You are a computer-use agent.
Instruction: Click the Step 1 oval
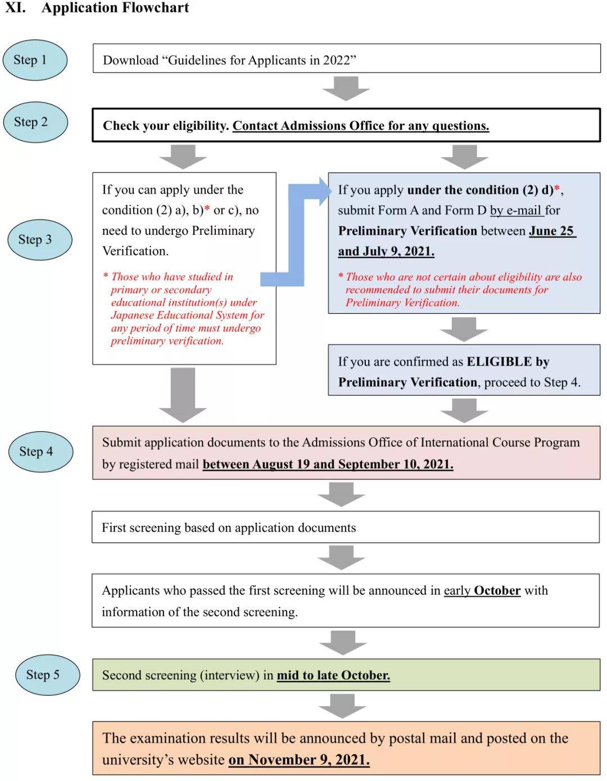(35, 60)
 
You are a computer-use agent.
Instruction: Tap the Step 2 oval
(35, 122)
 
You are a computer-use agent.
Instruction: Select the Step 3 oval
(40, 240)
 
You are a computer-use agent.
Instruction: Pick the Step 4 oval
(41, 451)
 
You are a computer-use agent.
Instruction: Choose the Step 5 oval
(48, 675)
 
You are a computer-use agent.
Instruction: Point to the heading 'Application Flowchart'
(115, 8)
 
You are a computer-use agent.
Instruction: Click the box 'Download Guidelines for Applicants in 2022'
(346, 59)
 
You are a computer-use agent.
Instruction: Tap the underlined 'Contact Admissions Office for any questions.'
(360, 126)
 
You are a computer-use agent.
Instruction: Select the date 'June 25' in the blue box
(552, 231)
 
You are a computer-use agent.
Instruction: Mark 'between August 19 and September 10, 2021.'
(328, 464)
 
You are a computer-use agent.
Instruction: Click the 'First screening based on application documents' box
(346, 527)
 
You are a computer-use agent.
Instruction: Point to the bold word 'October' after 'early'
(497, 591)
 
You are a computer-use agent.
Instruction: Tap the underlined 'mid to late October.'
(333, 675)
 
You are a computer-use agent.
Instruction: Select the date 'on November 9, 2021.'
(298, 760)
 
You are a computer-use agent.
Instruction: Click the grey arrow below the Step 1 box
(346, 88)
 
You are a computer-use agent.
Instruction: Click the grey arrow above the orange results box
(342, 706)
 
